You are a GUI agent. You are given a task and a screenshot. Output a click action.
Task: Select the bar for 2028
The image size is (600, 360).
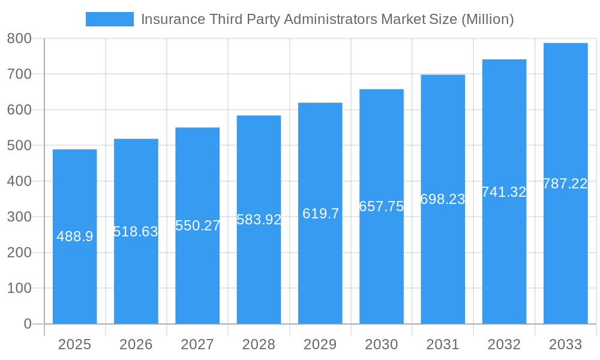259,270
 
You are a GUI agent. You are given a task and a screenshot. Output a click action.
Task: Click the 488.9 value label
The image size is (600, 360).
75,236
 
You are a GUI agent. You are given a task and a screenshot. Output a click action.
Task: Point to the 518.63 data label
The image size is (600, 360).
136,232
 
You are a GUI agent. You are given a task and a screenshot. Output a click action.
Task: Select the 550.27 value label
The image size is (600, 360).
197,226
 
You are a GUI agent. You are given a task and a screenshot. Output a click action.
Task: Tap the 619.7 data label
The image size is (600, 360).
320,214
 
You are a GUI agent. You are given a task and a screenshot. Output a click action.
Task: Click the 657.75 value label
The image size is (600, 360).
381,206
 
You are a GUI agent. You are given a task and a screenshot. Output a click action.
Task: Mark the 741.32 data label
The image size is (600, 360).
504,192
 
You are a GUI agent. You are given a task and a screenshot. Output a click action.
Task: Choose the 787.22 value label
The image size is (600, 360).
565,184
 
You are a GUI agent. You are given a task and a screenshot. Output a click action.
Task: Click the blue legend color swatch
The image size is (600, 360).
110,19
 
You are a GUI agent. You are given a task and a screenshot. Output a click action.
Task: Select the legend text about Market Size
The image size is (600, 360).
327,19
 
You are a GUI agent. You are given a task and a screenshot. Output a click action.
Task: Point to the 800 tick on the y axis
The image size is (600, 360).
19,38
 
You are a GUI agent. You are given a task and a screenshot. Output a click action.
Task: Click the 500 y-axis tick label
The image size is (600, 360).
19,145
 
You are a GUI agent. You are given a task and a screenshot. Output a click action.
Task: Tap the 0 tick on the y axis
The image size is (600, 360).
27,324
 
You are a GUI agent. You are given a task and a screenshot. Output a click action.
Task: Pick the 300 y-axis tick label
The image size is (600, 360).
19,217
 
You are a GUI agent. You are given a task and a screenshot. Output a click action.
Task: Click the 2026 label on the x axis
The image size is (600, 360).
136,344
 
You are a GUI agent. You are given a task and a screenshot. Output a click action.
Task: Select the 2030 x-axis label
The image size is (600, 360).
382,344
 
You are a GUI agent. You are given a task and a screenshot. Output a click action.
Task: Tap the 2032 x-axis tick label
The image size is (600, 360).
504,344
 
